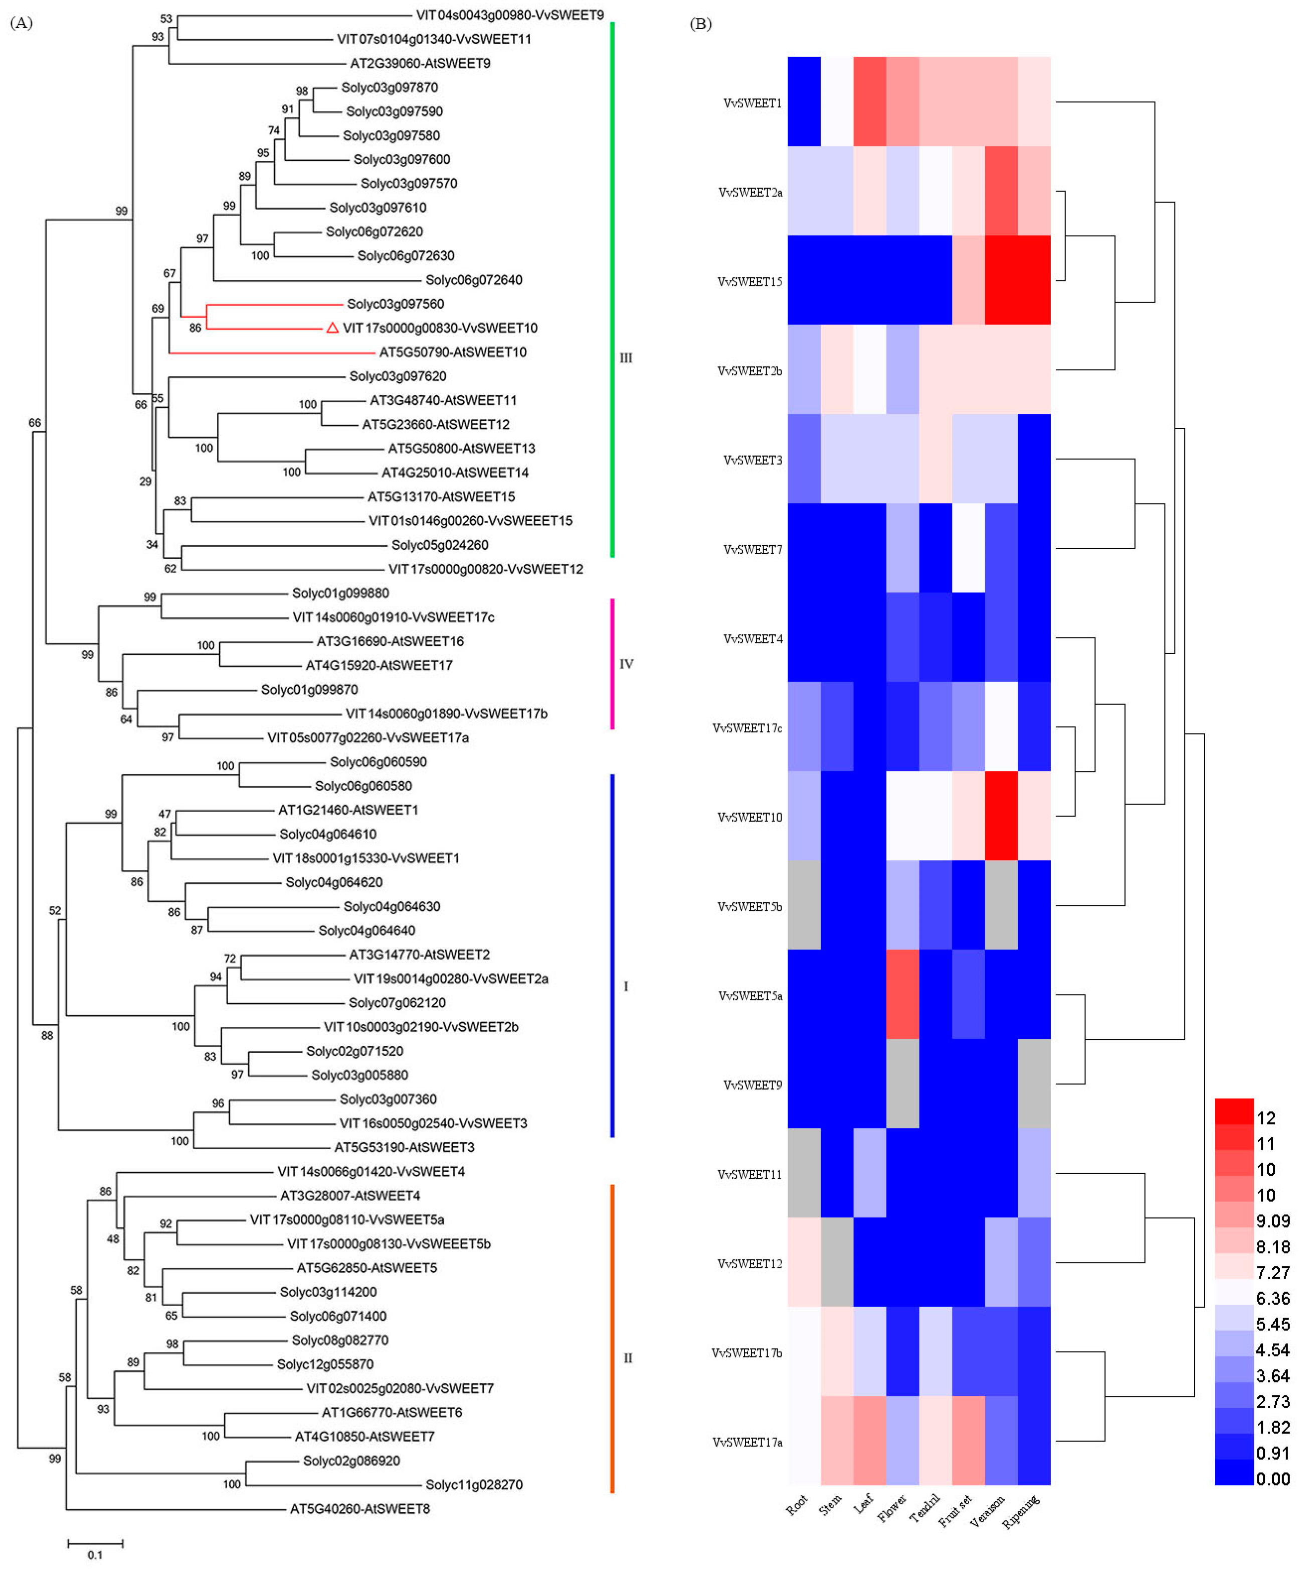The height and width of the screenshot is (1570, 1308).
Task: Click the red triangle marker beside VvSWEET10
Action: (x=332, y=328)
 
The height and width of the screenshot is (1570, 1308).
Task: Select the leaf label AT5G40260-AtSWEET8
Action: (x=359, y=1509)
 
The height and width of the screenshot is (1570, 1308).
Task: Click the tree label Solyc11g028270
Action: (x=474, y=1485)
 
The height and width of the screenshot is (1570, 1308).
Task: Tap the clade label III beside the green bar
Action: (x=626, y=358)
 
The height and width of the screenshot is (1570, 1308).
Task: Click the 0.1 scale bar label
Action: (x=95, y=1555)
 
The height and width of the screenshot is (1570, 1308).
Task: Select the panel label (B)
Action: (x=700, y=24)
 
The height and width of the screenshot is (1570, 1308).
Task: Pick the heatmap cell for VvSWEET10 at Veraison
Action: (x=1002, y=816)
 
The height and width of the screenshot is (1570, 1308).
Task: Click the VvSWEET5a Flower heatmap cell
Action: (x=903, y=994)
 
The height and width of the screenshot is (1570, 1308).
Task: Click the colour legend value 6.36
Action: (x=1273, y=1299)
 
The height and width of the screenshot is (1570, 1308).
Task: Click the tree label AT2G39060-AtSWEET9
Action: (x=420, y=64)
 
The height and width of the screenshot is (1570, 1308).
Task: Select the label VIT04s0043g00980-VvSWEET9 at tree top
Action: (x=510, y=15)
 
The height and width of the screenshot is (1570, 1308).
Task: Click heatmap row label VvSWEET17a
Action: (x=748, y=1442)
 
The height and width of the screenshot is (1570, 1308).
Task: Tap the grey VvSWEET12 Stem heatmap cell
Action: (x=837, y=1263)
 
